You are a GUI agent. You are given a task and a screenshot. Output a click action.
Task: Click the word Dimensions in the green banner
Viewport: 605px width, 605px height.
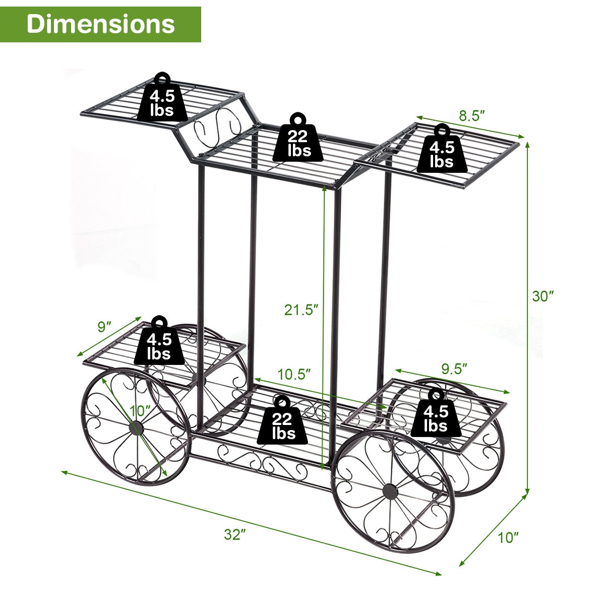(101, 24)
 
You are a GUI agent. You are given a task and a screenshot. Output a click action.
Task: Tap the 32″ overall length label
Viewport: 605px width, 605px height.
(233, 535)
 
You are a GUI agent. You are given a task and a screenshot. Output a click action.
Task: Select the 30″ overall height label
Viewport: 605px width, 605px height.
(543, 296)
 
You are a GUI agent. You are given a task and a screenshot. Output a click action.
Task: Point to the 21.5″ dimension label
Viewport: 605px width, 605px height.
(301, 310)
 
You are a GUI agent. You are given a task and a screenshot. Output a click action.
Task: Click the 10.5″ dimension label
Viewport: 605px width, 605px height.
(294, 374)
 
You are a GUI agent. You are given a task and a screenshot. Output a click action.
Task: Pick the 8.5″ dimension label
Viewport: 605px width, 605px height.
(471, 115)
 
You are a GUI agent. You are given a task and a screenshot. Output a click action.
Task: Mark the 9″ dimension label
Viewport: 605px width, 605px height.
(104, 327)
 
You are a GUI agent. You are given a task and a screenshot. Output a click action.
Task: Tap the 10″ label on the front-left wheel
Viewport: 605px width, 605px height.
(140, 410)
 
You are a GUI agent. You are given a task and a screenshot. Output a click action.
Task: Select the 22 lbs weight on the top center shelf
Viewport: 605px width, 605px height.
(299, 140)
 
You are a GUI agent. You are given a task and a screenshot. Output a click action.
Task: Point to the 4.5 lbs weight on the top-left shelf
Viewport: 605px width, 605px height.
(162, 101)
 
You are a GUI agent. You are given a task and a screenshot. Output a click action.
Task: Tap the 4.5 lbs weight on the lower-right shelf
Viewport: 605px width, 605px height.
(436, 416)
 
